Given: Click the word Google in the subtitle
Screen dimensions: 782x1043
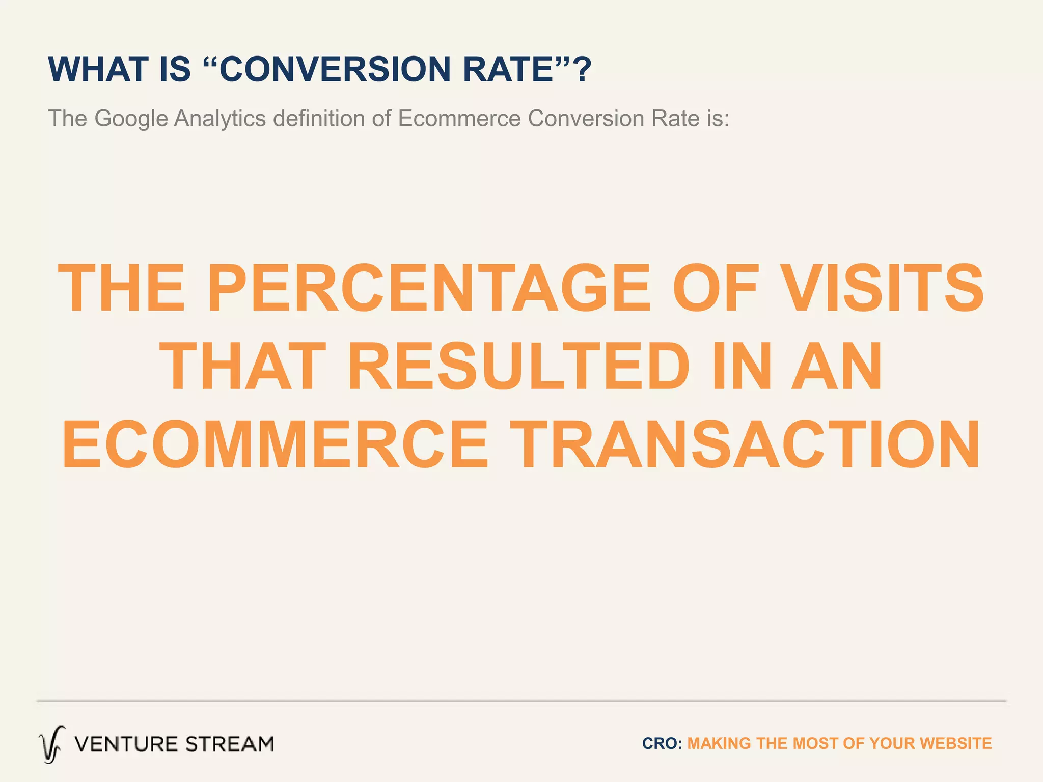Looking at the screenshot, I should tap(131, 119).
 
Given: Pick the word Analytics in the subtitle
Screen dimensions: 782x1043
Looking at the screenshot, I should tap(220, 119).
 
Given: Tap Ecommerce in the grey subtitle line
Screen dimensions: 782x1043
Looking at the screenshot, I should tap(459, 119).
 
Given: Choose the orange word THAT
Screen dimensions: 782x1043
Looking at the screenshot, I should tap(243, 367).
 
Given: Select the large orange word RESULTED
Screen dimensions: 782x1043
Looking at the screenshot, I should tap(518, 367).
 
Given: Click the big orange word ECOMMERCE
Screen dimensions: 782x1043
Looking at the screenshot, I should tap(275, 444).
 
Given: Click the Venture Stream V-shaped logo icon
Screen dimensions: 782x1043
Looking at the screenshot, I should tap(52, 744).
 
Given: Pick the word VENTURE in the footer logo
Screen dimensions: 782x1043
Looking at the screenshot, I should tap(125, 744).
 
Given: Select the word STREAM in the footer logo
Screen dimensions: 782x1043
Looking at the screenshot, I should tap(229, 744).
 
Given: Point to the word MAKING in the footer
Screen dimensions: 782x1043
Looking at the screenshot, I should tap(719, 743).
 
